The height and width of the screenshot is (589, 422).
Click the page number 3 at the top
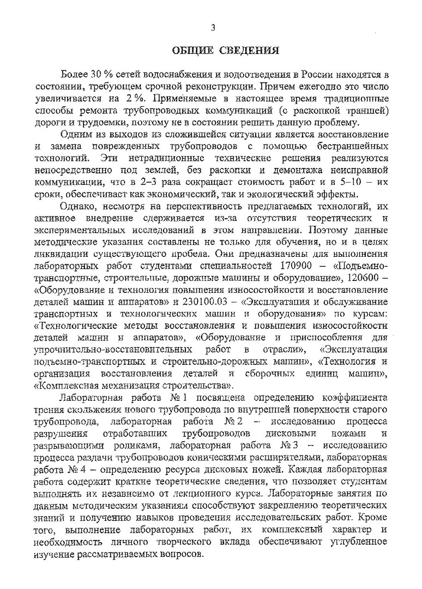tap(213, 28)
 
